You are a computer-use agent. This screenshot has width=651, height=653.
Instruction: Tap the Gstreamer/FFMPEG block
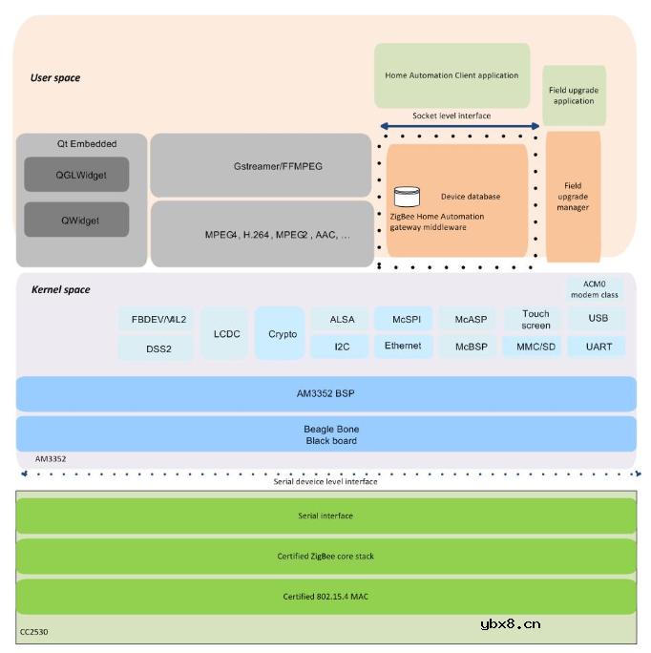261,165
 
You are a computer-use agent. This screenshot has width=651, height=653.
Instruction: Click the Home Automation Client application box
451,75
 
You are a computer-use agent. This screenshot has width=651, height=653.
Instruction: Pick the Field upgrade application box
574,95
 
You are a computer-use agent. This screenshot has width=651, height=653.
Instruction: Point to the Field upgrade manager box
573,197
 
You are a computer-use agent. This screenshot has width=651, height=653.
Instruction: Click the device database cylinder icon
407,197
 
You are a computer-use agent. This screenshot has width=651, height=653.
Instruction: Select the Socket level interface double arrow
459,126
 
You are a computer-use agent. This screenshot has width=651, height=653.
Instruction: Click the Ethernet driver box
403,346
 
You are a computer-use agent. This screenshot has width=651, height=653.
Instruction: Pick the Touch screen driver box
535,319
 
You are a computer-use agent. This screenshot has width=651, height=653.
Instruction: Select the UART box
598,347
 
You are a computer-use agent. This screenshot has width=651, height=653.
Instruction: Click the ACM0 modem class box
595,289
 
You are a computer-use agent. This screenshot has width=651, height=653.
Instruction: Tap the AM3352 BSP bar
326,393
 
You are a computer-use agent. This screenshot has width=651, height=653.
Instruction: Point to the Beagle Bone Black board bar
326,434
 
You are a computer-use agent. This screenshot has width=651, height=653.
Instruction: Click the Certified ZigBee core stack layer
326,557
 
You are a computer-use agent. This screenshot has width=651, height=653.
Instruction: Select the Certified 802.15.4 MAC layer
326,597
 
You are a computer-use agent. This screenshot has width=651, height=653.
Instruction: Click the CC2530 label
34,632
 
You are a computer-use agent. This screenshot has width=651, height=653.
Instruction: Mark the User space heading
55,77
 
